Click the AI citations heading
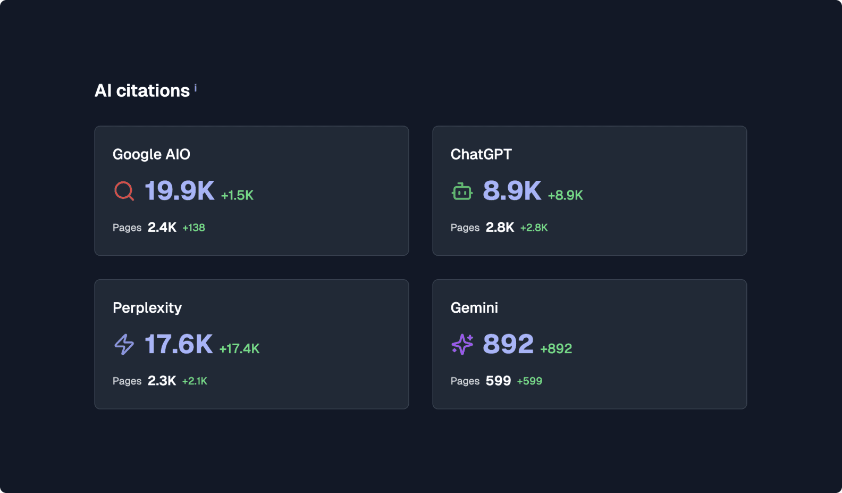[142, 91]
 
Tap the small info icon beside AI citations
[196, 88]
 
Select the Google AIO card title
[151, 154]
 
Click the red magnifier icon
[124, 190]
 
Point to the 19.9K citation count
[179, 190]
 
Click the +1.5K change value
[237, 195]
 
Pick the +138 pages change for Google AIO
[193, 228]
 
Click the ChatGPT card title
[481, 154]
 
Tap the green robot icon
[462, 191]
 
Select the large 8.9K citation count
[511, 190]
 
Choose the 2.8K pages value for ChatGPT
[500, 228]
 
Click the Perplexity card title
[147, 308]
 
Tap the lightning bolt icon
[124, 344]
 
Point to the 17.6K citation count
[179, 344]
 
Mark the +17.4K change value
[239, 348]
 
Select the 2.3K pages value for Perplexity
[162, 381]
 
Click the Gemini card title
[474, 308]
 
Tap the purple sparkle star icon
[462, 344]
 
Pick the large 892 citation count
[508, 344]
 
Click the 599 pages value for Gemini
[498, 381]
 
